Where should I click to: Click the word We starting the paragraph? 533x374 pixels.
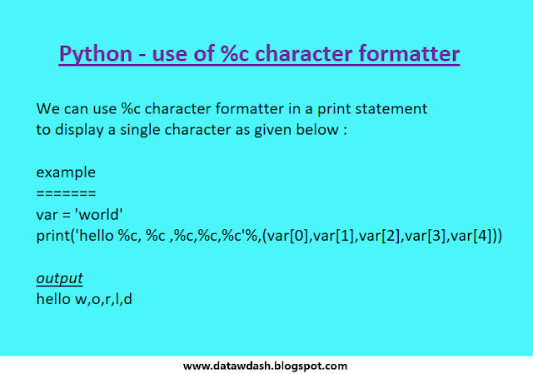[47, 108]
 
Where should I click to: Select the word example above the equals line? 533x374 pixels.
[66, 173]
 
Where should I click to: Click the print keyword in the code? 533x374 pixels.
[53, 237]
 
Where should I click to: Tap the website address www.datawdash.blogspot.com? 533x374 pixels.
[265, 365]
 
